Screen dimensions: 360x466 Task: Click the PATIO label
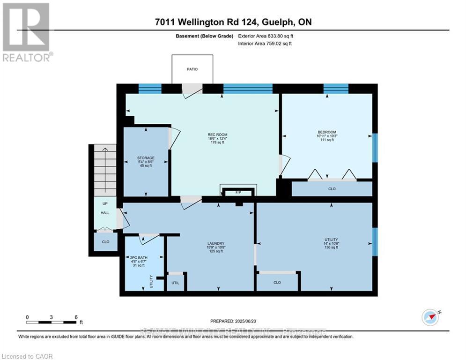tap(192, 69)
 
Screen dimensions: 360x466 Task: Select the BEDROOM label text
tap(327, 132)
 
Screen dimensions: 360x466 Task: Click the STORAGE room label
tap(146, 158)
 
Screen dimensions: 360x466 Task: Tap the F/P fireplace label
tap(238, 192)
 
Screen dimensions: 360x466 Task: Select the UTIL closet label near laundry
tap(175, 283)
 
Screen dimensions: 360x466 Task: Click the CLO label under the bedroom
tap(332, 189)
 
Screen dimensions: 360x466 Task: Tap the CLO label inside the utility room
tap(277, 283)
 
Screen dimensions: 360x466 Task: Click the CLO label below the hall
tap(105, 242)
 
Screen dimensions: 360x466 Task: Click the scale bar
tap(52, 322)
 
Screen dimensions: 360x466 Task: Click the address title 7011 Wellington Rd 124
tap(233, 22)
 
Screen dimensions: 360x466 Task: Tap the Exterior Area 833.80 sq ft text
tap(267, 36)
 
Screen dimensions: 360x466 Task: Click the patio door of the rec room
tap(191, 90)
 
